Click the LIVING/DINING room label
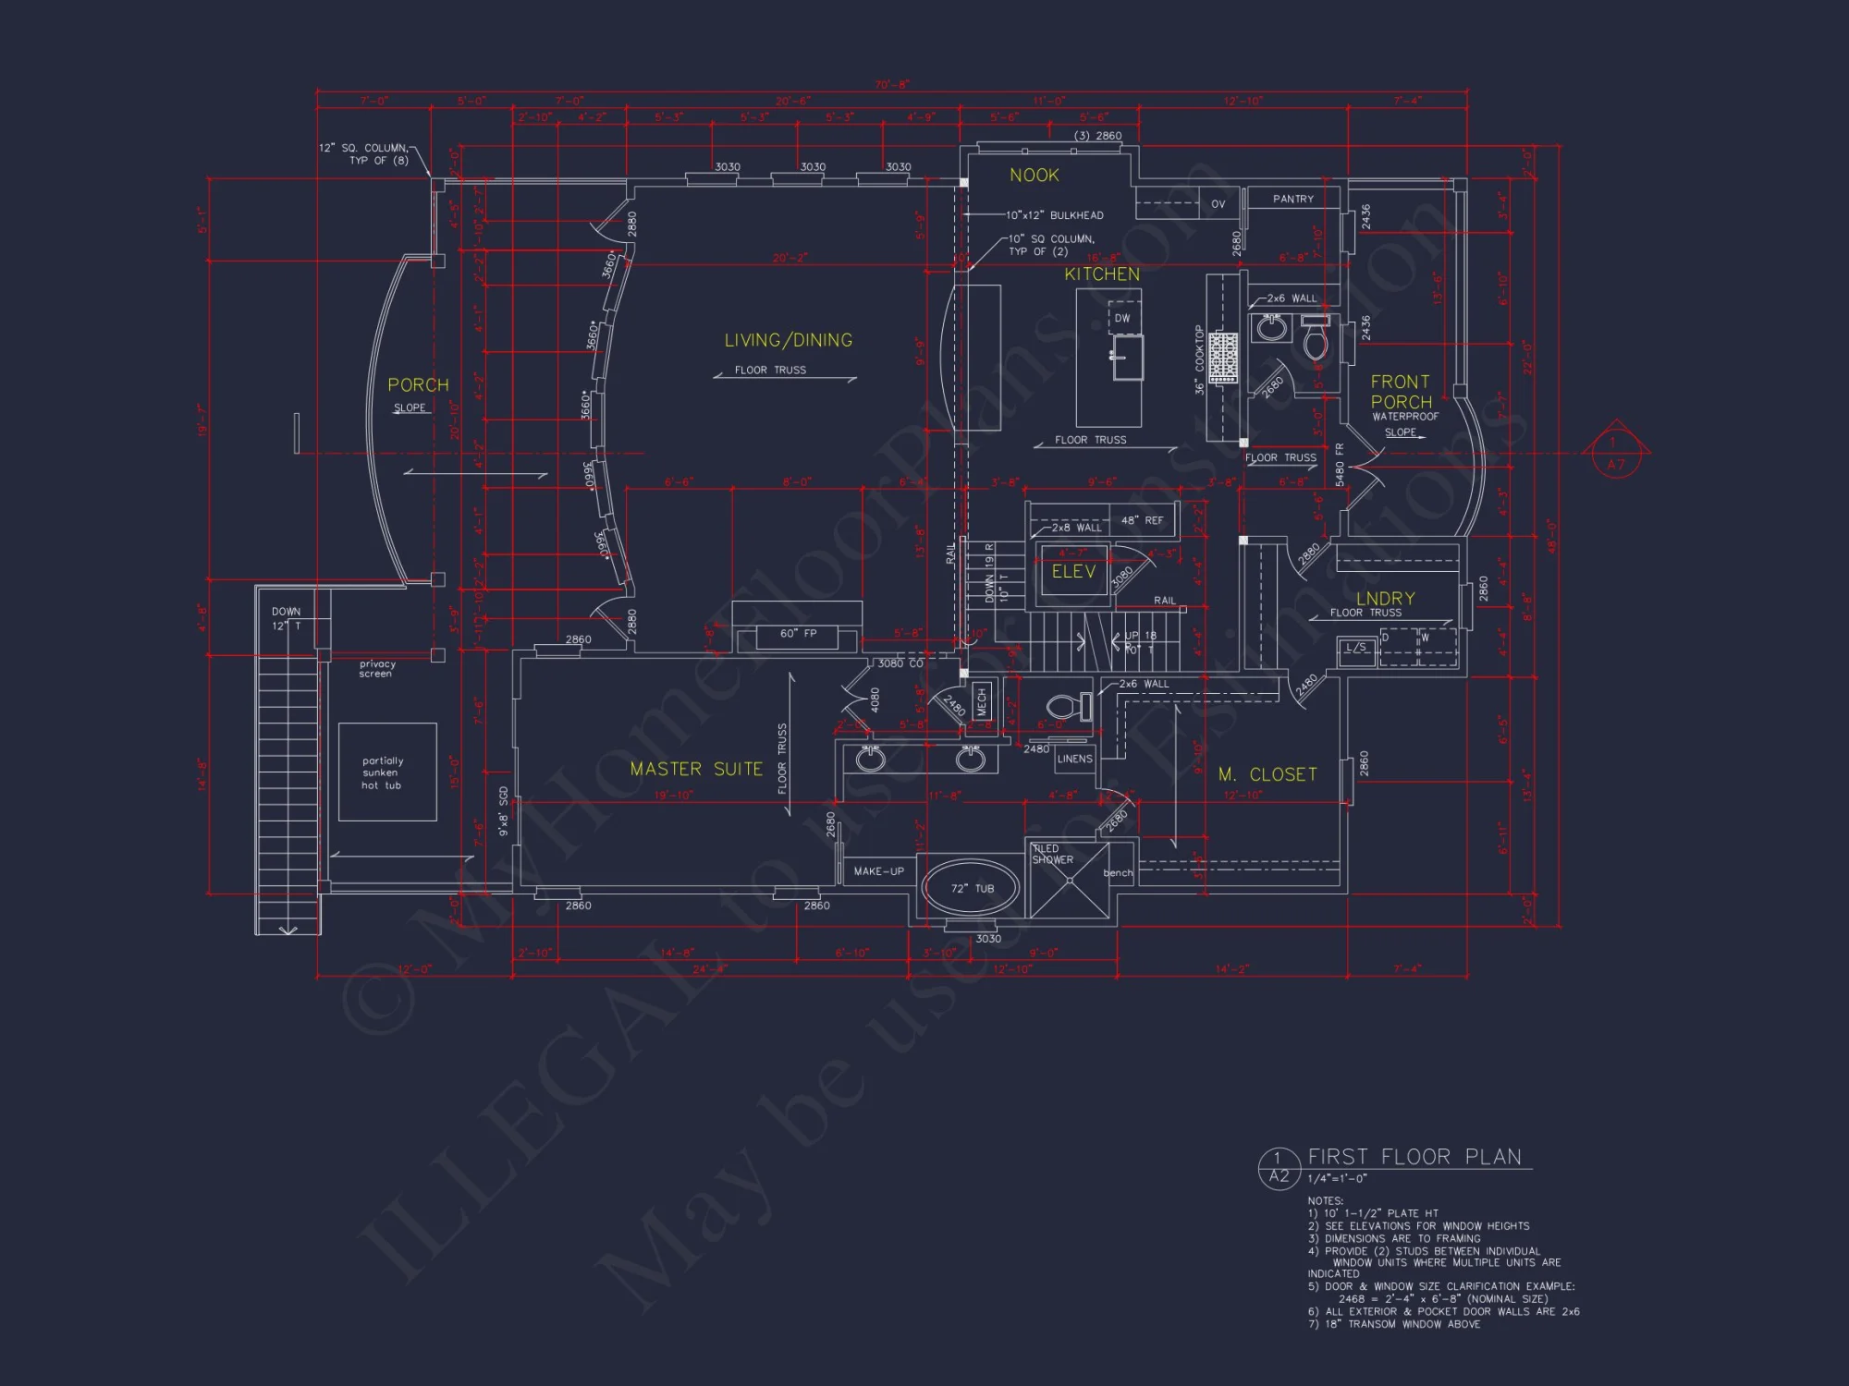tap(788, 340)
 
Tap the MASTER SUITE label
tap(695, 769)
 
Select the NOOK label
tap(1034, 176)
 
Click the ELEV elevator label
tap(1073, 572)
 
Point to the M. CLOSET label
tap(1267, 774)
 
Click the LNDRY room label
tap(1385, 599)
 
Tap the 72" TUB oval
tap(972, 888)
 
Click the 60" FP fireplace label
tap(798, 634)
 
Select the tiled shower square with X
tap(1070, 881)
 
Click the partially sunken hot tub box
tap(386, 772)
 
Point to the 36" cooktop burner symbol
tap(1223, 357)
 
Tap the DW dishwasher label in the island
tap(1122, 318)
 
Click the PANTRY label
tap(1292, 199)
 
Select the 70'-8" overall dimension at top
tap(892, 85)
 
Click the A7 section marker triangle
tap(1615, 451)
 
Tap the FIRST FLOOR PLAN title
tap(1414, 1157)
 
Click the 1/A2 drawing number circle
tap(1279, 1168)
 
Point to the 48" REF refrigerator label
tap(1142, 520)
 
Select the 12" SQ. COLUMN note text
tap(363, 153)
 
